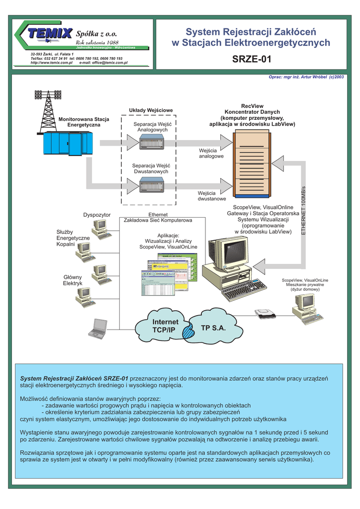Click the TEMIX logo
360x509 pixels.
click(50, 33)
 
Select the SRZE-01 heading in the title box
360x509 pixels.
click(252, 60)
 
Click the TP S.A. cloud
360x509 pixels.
click(213, 329)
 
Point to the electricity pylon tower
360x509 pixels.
click(48, 112)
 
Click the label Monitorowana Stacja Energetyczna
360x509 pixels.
click(84, 122)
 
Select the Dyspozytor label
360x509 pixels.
click(96, 215)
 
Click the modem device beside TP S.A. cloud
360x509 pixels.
click(265, 314)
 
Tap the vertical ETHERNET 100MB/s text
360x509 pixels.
click(303, 209)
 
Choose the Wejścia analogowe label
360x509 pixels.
click(211, 153)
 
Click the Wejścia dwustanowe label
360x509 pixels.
click(211, 196)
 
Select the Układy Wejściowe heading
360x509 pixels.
click(151, 110)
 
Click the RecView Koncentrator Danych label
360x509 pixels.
click(252, 115)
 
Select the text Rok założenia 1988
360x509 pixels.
click(97, 42)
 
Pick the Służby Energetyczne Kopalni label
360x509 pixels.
click(73, 238)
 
